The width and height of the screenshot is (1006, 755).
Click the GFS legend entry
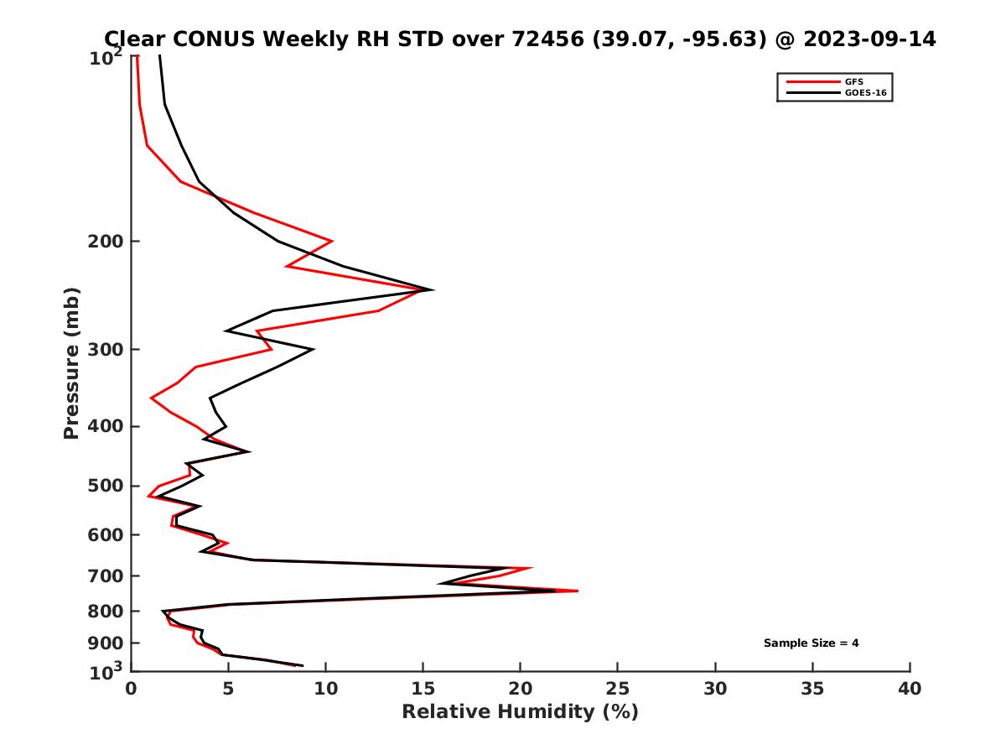point(854,81)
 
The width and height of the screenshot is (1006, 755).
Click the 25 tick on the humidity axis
point(618,689)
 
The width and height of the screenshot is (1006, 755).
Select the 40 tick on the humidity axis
point(910,689)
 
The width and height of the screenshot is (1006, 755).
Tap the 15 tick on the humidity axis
point(423,689)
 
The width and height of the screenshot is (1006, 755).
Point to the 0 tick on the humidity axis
point(132,689)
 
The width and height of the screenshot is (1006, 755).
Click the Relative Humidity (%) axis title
point(520,712)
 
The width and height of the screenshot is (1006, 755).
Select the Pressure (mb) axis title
point(71,362)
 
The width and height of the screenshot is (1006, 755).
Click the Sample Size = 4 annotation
point(811,643)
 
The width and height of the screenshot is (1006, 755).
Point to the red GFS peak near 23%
point(578,591)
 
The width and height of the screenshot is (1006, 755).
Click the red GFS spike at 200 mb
point(332,241)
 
